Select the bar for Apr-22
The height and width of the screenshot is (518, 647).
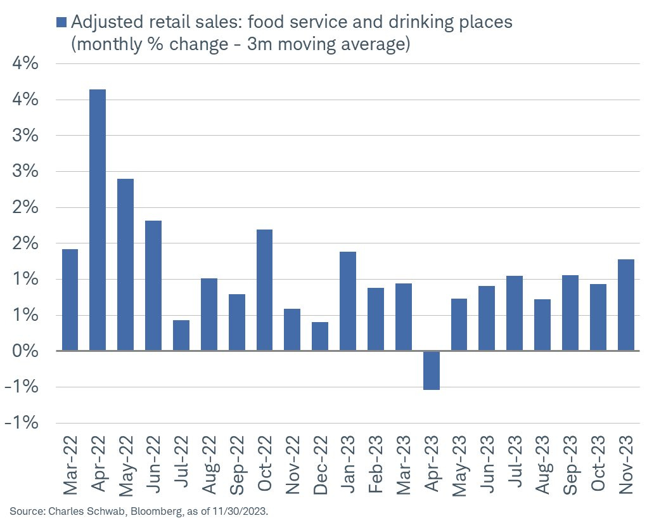[x=98, y=220]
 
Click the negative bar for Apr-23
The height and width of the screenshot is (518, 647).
[x=432, y=370]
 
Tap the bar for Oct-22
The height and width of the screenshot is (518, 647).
[x=265, y=290]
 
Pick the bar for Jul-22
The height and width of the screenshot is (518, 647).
[x=181, y=335]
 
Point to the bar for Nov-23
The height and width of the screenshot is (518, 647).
[x=626, y=305]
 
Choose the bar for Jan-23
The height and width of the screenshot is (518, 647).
[x=348, y=301]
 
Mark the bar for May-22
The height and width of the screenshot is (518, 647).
[x=125, y=264]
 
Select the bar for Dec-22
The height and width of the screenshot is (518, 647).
[x=320, y=336]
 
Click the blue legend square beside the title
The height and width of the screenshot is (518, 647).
[x=61, y=22]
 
